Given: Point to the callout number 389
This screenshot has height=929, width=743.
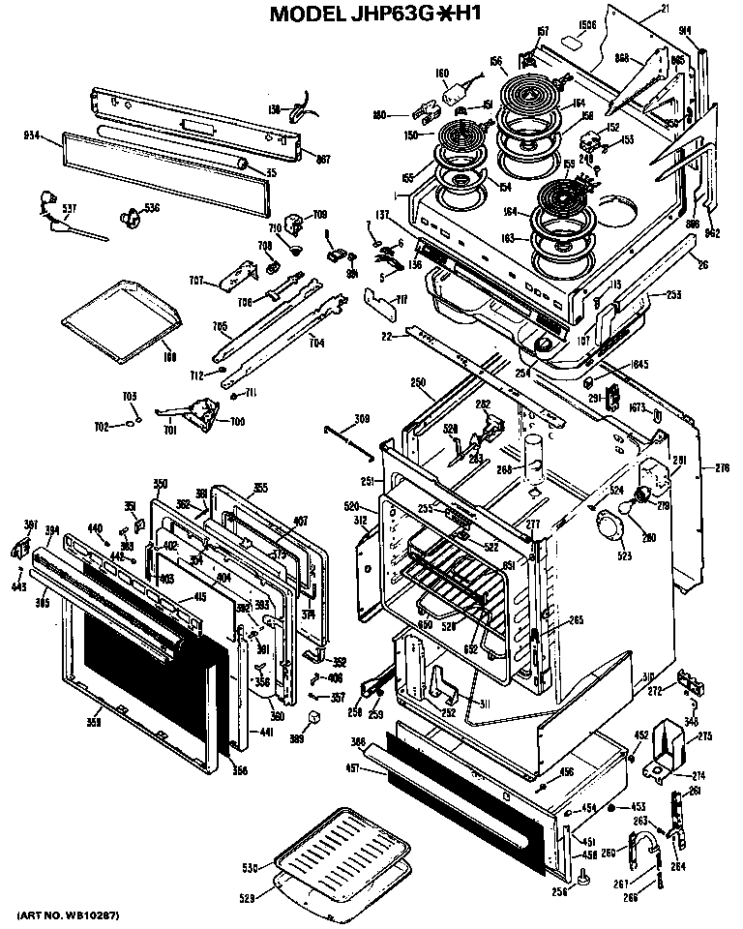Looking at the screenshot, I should (x=298, y=738).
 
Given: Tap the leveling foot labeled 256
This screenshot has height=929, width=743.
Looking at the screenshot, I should (x=587, y=879).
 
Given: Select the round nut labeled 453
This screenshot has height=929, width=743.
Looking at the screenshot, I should (x=612, y=805).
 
